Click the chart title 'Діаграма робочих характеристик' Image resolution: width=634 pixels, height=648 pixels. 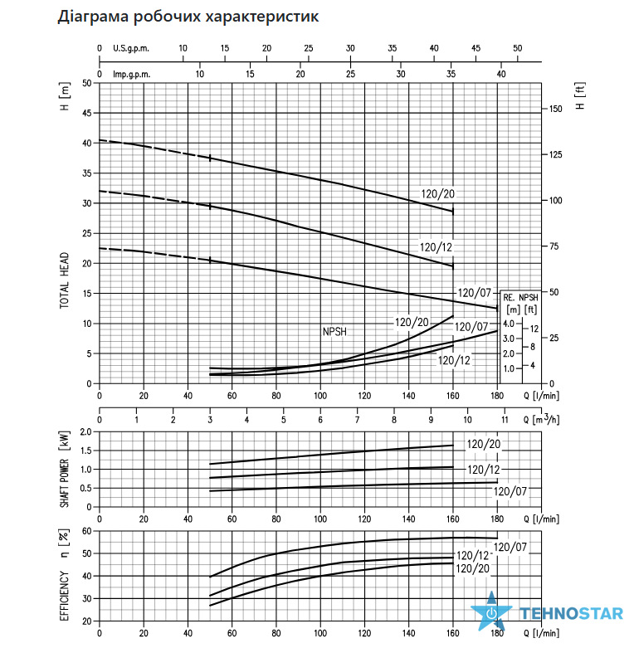tap(188, 17)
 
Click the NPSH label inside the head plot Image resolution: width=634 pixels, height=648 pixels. tap(334, 332)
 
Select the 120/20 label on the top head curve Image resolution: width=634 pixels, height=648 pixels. tap(437, 194)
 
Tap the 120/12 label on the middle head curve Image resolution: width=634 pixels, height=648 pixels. tap(436, 247)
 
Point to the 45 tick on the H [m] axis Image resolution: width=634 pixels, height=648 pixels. tap(87, 113)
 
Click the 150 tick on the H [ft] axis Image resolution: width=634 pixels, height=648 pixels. tap(556, 109)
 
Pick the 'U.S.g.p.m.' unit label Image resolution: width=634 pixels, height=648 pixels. tap(131, 48)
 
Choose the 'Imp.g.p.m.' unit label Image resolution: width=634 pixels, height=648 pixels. tap(131, 75)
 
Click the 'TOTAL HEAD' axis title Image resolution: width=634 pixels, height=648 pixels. tap(65, 280)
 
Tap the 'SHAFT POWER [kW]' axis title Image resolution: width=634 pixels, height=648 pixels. tap(65, 469)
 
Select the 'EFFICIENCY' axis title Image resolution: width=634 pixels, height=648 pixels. tap(65, 596)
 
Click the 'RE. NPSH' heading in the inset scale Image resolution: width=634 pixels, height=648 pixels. tap(521, 298)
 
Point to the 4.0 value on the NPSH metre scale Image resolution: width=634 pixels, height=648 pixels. tap(509, 324)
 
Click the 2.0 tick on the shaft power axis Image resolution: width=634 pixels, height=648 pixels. tap(86, 432)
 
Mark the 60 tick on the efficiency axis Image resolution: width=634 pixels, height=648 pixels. tap(87, 531)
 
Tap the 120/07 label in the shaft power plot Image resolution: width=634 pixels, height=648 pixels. tap(510, 491)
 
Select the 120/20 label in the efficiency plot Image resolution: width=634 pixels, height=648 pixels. tap(472, 569)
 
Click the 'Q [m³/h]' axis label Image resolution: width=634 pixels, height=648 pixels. tap(541, 419)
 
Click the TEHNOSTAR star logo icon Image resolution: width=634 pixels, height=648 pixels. tap(492, 611)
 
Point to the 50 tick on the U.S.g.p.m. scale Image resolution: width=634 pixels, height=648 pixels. tap(518, 48)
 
